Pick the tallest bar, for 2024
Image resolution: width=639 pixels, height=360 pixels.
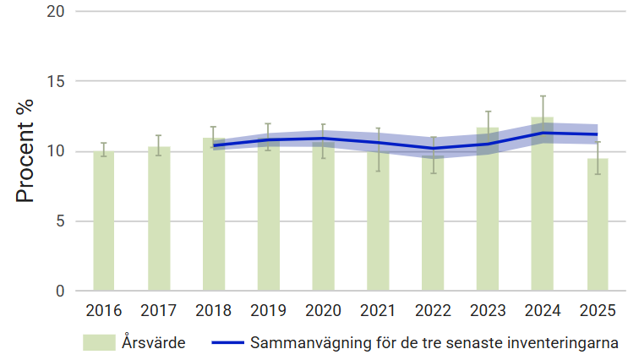(543, 211)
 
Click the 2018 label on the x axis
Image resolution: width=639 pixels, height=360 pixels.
(214, 310)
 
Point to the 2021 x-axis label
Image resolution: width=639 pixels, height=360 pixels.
(378, 310)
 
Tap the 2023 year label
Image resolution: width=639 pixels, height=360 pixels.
(488, 310)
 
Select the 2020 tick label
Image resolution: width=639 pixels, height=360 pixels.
(324, 310)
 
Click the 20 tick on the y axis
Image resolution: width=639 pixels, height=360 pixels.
(57, 12)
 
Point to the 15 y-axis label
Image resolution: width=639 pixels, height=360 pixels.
(57, 82)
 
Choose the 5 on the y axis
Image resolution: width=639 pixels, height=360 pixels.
(62, 221)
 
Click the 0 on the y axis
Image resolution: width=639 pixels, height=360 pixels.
(62, 292)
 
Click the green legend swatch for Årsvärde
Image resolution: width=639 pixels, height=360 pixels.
(99, 343)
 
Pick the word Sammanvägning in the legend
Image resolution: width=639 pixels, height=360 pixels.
(302, 343)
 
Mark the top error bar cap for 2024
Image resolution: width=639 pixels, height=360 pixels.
(543, 96)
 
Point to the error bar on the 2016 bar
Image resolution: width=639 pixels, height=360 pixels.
(104, 149)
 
